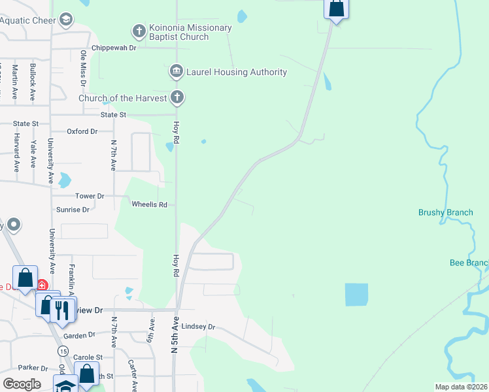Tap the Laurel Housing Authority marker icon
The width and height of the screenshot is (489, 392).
(176, 71)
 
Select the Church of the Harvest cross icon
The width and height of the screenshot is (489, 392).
(177, 98)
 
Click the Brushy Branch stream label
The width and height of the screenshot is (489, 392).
(445, 212)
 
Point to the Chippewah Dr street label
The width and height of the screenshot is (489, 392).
(114, 48)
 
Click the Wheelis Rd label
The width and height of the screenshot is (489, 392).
(150, 204)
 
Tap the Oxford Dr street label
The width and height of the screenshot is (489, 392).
(82, 131)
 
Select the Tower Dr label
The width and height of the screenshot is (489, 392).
(90, 196)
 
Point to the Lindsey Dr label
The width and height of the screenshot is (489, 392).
(198, 327)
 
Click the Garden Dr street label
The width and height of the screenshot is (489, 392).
(80, 335)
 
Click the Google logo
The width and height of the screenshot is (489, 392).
(22, 384)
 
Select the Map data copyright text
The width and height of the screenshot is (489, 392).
(461, 387)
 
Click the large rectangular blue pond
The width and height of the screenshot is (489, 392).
(356, 295)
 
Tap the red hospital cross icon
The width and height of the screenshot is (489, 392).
(42, 285)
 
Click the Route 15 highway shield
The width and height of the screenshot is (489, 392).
(63, 351)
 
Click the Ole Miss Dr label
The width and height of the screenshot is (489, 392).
(83, 68)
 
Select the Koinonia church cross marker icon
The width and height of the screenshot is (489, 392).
(139, 30)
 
